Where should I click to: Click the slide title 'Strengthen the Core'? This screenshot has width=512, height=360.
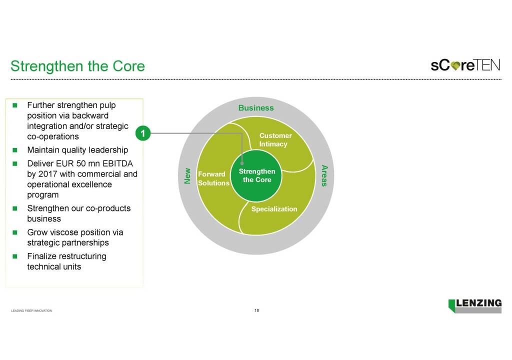[x=77, y=66]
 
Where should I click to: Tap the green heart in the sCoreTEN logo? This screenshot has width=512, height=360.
[x=455, y=65]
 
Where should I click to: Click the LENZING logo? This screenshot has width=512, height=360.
[x=475, y=305]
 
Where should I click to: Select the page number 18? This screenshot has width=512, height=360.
[x=256, y=310]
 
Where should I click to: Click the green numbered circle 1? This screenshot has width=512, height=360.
[x=142, y=133]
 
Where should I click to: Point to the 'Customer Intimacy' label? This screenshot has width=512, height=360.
[x=274, y=140]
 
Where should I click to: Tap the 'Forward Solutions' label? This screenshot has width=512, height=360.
[x=213, y=178]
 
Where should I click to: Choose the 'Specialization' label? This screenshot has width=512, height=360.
[x=274, y=209]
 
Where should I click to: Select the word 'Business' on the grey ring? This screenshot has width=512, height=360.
[x=256, y=108]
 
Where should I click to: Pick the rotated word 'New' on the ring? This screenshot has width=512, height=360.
[x=187, y=176]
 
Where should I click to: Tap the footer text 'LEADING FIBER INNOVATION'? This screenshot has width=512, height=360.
[x=31, y=311]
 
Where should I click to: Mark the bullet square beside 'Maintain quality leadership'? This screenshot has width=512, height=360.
[x=15, y=150]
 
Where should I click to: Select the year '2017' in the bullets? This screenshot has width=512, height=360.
[x=48, y=174]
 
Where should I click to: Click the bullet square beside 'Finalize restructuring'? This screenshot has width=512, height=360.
[x=15, y=256]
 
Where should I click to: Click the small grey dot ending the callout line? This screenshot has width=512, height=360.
[x=242, y=163]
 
